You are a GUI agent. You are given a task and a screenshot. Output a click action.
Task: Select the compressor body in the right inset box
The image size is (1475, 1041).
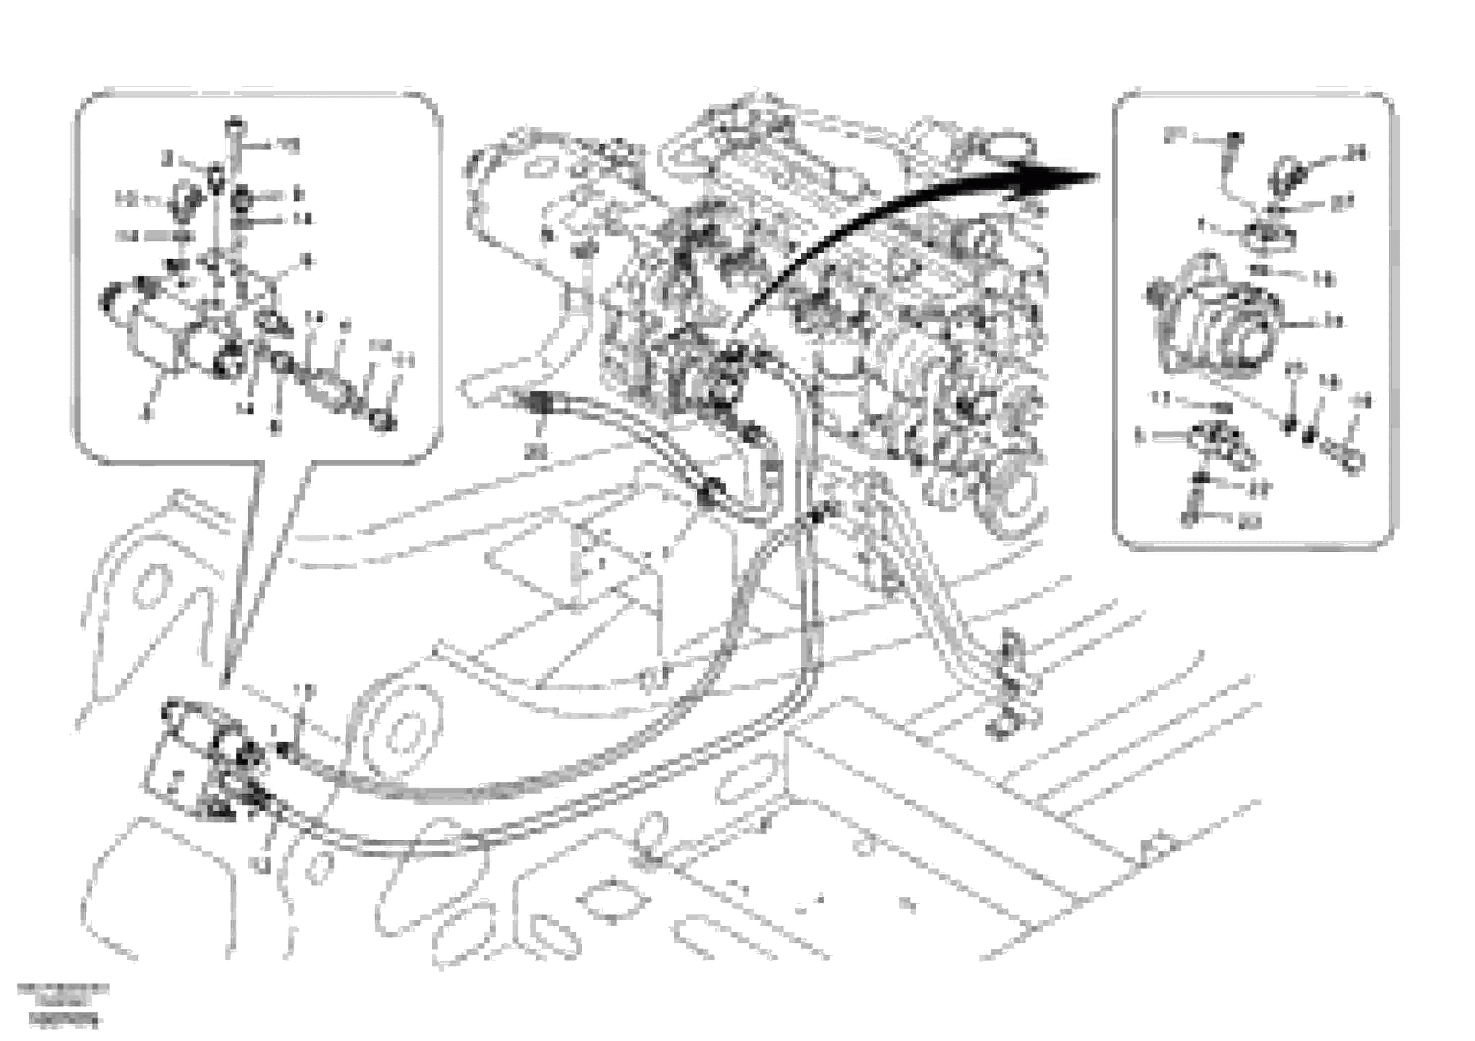pyautogui.click(x=1214, y=321)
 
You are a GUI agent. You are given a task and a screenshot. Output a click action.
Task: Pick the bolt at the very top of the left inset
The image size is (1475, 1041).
pyautogui.click(x=236, y=123)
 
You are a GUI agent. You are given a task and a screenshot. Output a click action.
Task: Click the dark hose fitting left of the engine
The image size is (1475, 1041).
pyautogui.click(x=540, y=404)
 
